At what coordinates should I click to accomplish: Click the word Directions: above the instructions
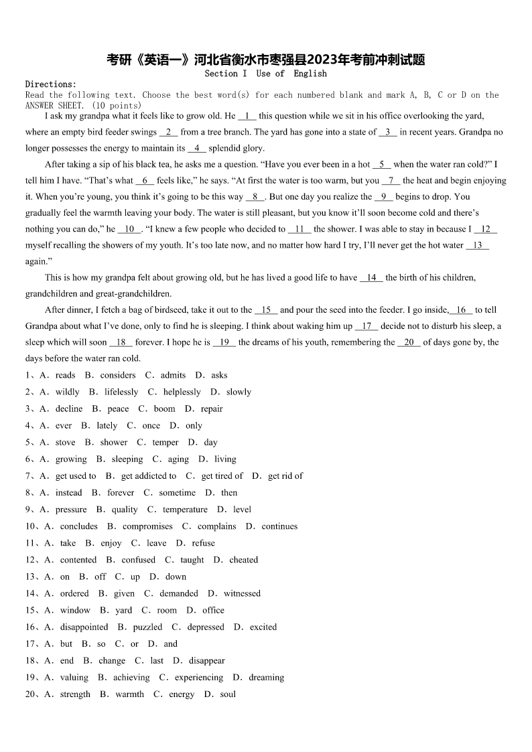(x=51, y=84)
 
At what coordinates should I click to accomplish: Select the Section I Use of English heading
(x=265, y=74)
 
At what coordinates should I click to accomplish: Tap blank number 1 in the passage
(x=247, y=116)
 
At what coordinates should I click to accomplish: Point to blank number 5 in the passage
(x=381, y=164)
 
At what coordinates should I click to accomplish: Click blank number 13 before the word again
(x=477, y=245)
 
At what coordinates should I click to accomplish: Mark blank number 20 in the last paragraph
(x=409, y=342)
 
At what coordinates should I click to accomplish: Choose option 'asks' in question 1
(x=219, y=376)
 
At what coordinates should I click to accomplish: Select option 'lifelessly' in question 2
(x=121, y=392)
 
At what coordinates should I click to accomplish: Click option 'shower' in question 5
(x=114, y=443)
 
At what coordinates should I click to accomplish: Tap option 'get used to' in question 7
(x=76, y=476)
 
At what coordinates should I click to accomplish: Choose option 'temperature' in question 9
(x=185, y=510)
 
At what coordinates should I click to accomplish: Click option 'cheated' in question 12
(x=244, y=560)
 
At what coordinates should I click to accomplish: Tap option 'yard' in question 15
(x=124, y=610)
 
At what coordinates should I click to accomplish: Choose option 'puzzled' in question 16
(x=147, y=627)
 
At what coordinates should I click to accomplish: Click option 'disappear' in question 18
(x=207, y=661)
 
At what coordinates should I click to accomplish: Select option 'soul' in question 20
(x=228, y=694)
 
